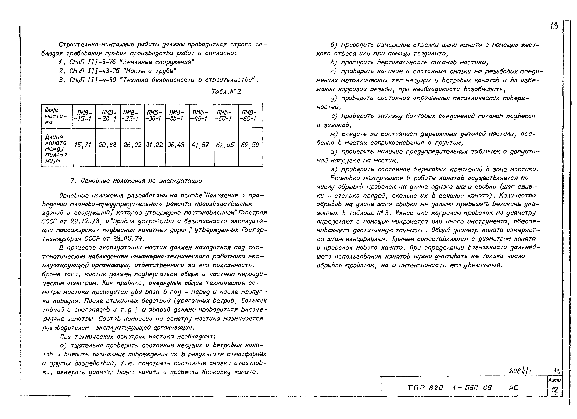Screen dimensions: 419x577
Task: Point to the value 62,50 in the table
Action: point(250,145)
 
